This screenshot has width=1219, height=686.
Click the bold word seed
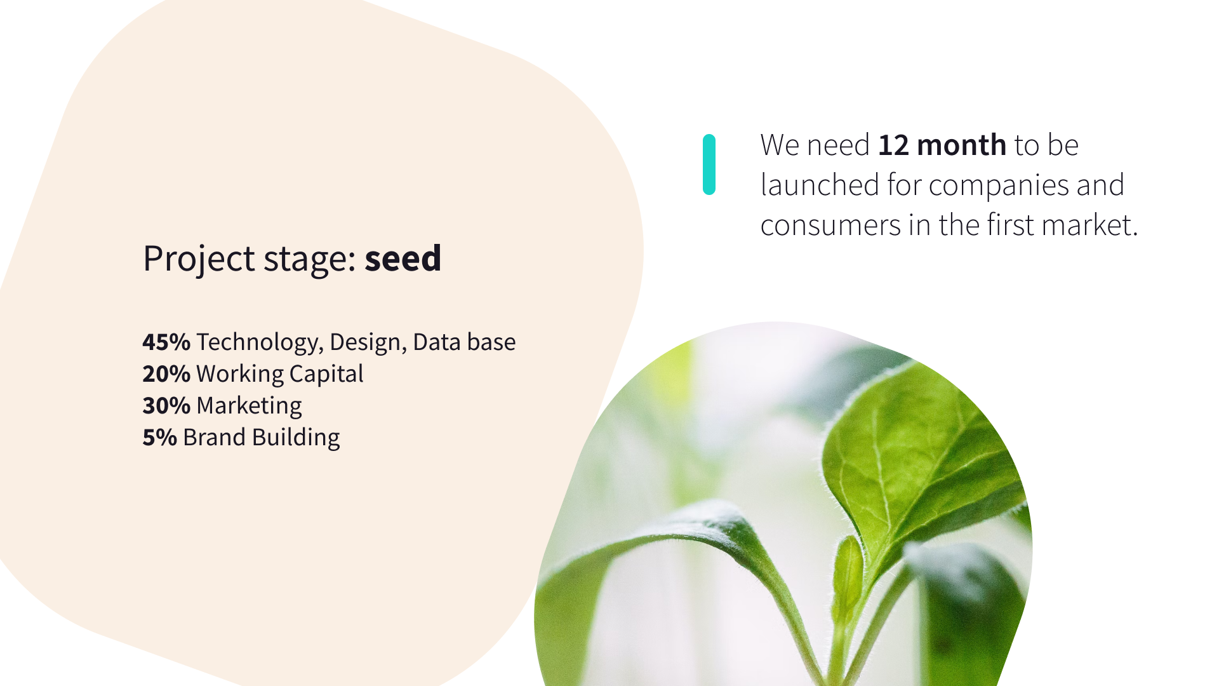pos(403,259)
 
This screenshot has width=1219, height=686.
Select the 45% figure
pos(166,342)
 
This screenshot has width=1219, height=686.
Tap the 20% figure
pos(166,374)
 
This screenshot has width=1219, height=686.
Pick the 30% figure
pos(166,406)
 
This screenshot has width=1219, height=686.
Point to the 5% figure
pos(159,438)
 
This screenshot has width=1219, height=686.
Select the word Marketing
pos(249,406)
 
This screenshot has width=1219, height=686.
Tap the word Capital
pos(326,374)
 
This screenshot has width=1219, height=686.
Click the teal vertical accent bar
pos(709,165)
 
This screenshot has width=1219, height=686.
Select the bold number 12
pos(894,145)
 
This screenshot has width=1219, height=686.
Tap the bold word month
pos(962,145)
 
